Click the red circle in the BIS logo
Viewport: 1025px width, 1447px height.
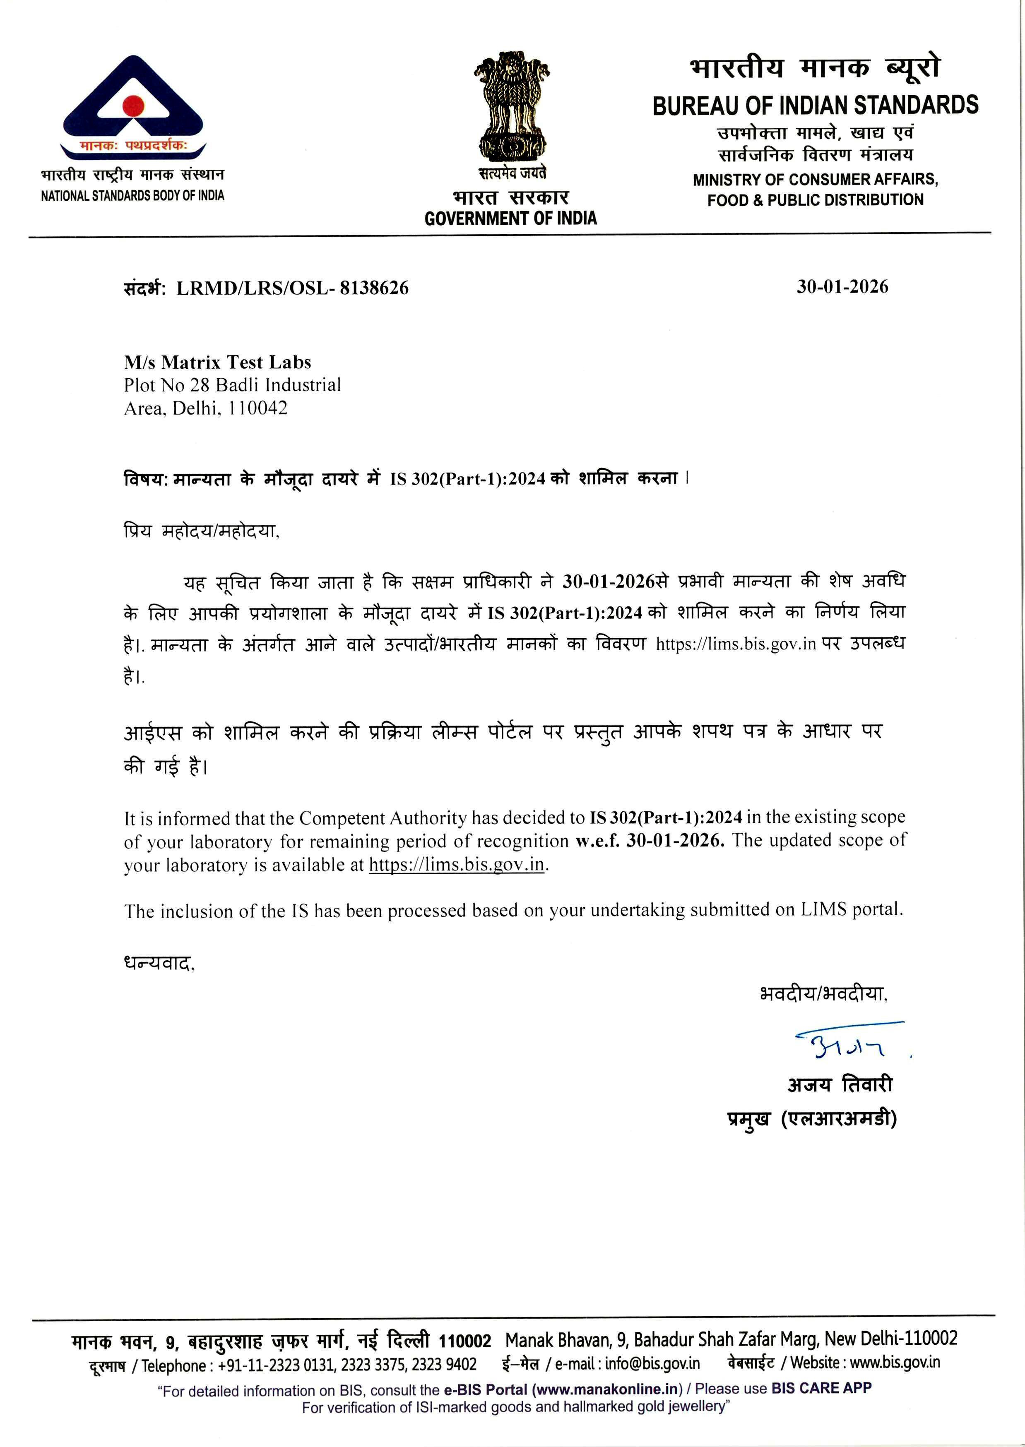pyautogui.click(x=133, y=106)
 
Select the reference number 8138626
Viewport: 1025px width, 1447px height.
pyautogui.click(x=374, y=288)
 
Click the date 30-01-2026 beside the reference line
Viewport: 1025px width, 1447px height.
pyautogui.click(x=842, y=287)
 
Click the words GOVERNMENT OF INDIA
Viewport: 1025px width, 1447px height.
pyautogui.click(x=510, y=219)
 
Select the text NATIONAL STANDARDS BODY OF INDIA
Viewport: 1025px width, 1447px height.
pyautogui.click(x=132, y=196)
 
